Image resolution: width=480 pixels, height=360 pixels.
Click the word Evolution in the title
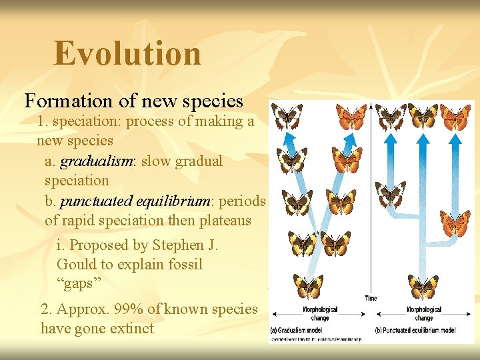click(x=127, y=54)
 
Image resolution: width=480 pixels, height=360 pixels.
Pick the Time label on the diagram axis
click(x=371, y=298)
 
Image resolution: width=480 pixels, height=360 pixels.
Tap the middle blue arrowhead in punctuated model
click(x=423, y=139)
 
